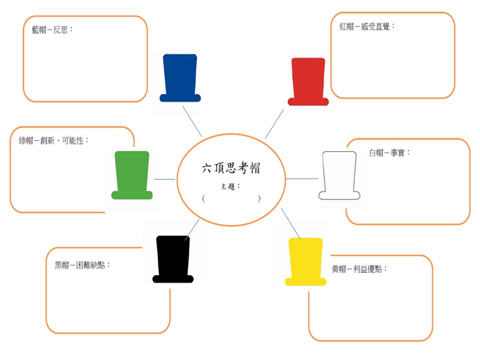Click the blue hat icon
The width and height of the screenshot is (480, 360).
(180, 78)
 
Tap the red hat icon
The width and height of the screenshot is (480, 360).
(308, 81)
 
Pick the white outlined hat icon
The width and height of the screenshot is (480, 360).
(339, 175)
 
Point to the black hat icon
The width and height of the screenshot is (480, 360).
(173, 259)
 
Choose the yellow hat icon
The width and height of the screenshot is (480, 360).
(305, 261)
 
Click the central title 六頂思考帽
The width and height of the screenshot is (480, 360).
(230, 168)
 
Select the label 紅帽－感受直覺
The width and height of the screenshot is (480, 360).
(367, 26)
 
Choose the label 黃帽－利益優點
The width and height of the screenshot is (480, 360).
(359, 268)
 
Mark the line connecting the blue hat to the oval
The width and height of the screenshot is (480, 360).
(192, 121)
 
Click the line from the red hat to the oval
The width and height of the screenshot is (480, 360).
(274, 123)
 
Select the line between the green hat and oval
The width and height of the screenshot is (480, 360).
(164, 178)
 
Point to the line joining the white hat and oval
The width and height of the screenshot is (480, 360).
(301, 178)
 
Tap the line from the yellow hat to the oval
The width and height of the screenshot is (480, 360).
(290, 223)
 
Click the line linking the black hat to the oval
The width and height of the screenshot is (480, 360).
(192, 228)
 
